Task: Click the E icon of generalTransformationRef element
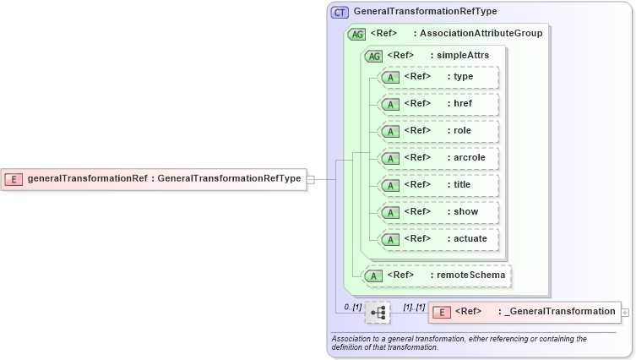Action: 14,178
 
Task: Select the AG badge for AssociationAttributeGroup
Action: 356,34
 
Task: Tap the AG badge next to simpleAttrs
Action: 372,56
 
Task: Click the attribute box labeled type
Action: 439,77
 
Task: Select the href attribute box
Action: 439,104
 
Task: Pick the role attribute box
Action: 439,131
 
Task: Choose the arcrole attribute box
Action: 439,158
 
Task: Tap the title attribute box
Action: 439,185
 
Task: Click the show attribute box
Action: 439,212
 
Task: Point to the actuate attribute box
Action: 439,239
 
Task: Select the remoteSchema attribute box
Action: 437,275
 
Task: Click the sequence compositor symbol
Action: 378,312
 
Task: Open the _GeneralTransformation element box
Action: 524,312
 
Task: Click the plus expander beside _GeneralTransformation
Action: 625,312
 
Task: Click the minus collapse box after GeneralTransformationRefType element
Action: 311,179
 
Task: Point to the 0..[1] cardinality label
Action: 352,305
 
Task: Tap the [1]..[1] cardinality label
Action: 414,305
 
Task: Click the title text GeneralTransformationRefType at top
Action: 425,12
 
